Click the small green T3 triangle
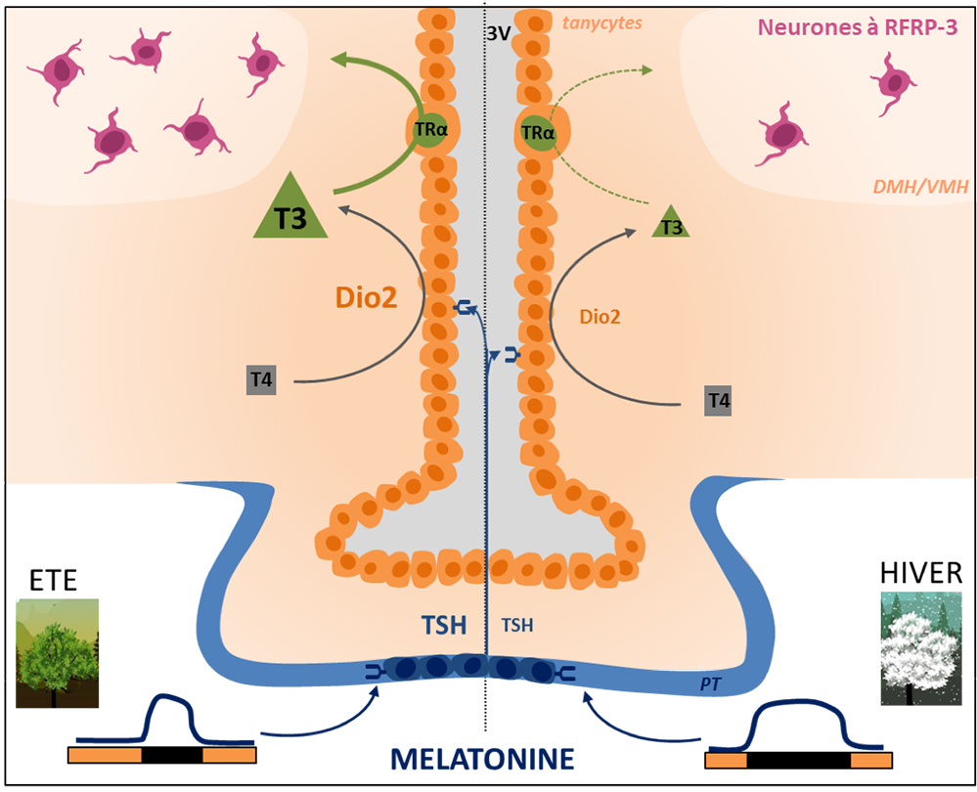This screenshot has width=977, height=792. pos(671,224)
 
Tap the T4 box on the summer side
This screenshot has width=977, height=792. pos(261,380)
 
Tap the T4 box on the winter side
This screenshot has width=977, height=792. pos(719,400)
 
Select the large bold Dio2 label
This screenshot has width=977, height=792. pos(367,298)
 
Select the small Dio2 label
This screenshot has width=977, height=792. pos(600,317)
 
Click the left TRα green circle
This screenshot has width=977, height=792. pos(430,130)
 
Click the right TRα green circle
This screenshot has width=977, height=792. pos(538,133)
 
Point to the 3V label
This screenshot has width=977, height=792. pos(499,33)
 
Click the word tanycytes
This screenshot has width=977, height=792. pos(601,23)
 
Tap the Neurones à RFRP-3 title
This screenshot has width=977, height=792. pos(858,27)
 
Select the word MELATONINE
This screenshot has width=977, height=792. pos(482,760)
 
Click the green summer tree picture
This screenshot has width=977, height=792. pos(58,653)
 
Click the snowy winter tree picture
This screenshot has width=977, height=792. pos(921,648)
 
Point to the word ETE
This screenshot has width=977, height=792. pos(54,580)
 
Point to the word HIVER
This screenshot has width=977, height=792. pos(921,573)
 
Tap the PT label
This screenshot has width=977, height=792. pos(710,684)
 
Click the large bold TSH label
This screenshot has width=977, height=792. pos(444,625)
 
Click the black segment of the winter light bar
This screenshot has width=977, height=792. pos(799,760)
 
